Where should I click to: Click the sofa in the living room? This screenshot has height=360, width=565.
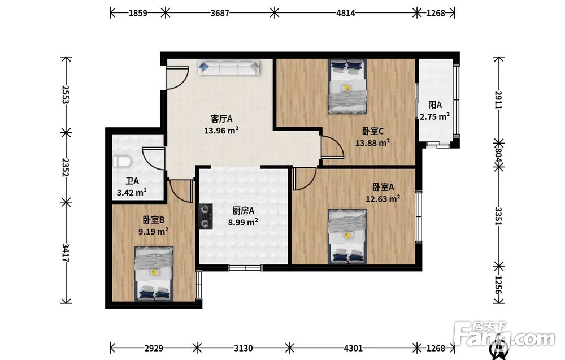point(228,67)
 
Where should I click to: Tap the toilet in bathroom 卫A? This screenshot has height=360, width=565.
point(121,162)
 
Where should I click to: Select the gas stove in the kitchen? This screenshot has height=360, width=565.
point(206,216)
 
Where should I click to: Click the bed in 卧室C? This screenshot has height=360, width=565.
point(347,86)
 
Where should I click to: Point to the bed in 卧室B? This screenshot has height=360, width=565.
point(154,274)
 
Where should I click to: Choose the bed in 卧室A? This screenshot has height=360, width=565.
point(347,236)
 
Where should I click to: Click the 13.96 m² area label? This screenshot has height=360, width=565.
point(221,131)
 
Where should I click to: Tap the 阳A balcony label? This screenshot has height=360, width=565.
point(435,105)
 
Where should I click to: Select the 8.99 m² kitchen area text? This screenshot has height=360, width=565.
point(243,222)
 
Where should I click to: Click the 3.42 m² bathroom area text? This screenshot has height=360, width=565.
point(132,192)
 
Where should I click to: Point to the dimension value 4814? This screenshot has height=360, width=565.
point(346,13)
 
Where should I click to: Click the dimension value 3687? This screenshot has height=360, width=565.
point(220,13)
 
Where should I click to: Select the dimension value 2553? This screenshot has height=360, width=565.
point(66,94)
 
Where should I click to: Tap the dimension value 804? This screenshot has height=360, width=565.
point(498,154)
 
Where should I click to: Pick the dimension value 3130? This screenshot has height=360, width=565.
point(243,348)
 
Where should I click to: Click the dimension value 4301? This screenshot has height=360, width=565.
point(353,348)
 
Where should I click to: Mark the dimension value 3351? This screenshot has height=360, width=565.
point(498,216)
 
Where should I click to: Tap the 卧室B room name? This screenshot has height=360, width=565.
point(154,219)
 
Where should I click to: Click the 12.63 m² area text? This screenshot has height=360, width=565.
point(383,199)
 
